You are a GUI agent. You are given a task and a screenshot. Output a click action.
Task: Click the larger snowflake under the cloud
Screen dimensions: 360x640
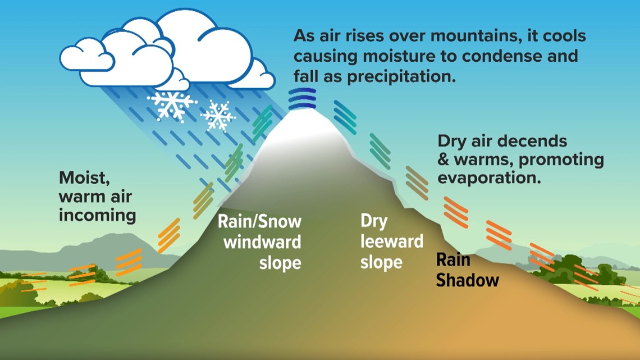[171, 104]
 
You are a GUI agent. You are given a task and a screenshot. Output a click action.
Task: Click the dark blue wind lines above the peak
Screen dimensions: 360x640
[302, 99]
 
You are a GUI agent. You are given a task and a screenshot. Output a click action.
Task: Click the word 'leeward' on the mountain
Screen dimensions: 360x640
[392, 241]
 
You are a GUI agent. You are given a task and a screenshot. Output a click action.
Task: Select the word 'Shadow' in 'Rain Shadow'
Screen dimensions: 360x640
[468, 280]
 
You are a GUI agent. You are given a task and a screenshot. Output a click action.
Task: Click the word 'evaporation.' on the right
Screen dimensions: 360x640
[489, 178]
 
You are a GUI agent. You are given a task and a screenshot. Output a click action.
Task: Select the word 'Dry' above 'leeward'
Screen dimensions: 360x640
[374, 221]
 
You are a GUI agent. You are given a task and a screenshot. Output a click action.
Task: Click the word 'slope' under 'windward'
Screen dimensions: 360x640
[280, 263]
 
